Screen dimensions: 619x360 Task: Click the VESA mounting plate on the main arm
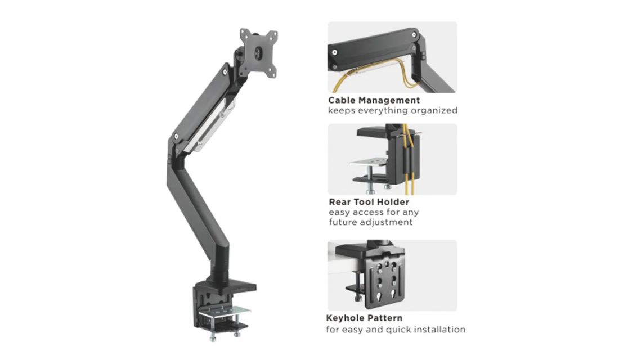click(259, 52)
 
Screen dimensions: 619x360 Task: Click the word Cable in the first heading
click(342, 100)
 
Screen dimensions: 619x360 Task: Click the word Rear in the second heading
click(339, 202)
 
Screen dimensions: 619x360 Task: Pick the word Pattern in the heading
click(384, 318)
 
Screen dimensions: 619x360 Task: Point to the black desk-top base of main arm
click(226, 286)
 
